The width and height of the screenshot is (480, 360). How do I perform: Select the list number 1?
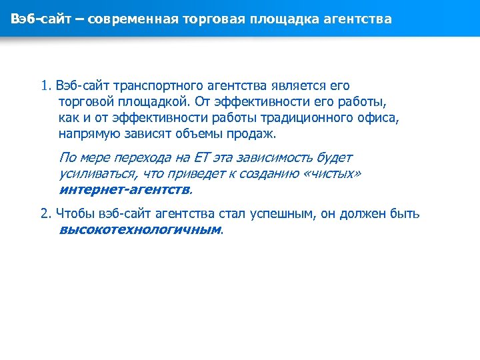coord(45,86)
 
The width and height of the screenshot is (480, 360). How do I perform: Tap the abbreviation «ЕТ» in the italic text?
coord(202,158)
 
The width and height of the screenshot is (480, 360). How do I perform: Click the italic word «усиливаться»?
coord(97,173)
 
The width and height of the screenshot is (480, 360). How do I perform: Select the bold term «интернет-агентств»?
coord(124,189)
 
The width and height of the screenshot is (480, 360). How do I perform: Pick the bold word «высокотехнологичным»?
coord(139,230)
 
